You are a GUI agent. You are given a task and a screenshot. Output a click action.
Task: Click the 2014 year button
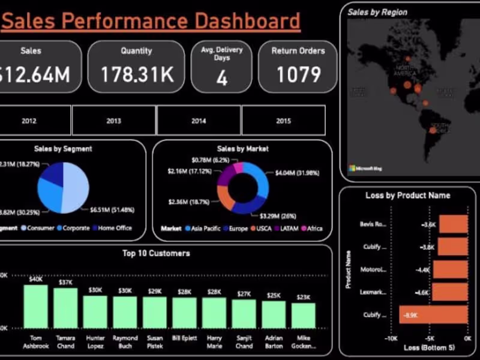[199, 121]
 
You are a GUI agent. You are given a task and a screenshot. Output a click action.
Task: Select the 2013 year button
[113, 121]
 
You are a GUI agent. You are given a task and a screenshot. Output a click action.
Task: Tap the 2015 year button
[284, 121]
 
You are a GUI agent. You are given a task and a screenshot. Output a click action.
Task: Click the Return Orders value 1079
[298, 75]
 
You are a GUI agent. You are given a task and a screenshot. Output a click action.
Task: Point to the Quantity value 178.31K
[137, 74]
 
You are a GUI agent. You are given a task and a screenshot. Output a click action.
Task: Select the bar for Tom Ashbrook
[36, 306]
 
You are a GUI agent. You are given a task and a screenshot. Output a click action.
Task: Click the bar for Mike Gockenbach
[304, 315]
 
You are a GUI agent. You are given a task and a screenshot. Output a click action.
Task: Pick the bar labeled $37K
[65, 308]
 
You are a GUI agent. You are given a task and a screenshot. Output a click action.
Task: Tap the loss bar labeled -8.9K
[433, 314]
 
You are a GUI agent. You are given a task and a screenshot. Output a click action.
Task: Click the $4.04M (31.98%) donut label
[297, 173]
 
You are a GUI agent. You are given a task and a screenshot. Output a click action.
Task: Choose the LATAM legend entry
[288, 229]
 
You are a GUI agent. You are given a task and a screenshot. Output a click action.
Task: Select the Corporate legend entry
[74, 228]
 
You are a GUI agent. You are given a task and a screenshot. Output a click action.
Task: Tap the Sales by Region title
[377, 12]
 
